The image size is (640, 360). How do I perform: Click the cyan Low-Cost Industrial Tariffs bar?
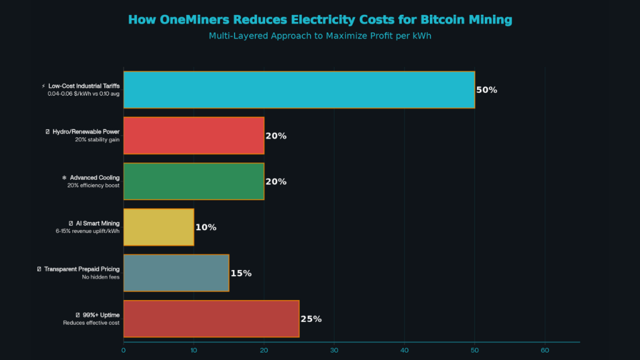click(x=299, y=90)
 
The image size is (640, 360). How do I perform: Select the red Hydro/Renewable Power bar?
click(x=194, y=136)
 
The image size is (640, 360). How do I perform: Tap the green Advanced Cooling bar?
click(x=194, y=181)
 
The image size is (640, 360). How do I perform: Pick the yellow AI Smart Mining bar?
click(x=159, y=227)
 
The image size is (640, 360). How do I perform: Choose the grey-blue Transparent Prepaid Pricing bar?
click(x=176, y=273)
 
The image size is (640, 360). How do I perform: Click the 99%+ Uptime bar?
click(x=211, y=319)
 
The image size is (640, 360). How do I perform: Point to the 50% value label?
click(x=487, y=90)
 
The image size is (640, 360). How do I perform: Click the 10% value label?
click(x=206, y=227)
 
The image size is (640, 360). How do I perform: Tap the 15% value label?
click(x=241, y=273)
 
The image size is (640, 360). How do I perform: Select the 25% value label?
click(x=311, y=319)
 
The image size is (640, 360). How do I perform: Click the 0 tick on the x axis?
click(x=124, y=350)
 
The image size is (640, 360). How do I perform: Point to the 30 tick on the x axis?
click(x=334, y=350)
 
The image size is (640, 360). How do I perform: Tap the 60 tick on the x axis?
click(x=544, y=350)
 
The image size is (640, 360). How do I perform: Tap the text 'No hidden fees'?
click(x=101, y=277)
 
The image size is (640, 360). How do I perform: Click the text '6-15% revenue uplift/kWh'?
click(x=87, y=231)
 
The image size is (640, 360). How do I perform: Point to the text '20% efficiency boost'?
click(x=93, y=186)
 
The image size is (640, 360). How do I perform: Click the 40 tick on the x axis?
click(x=404, y=350)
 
